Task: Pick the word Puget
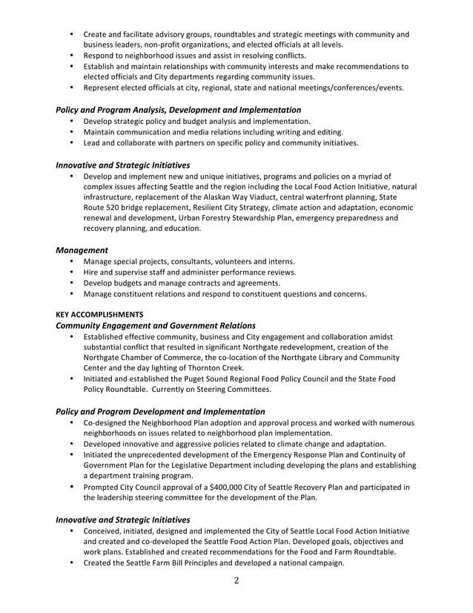click(191, 378)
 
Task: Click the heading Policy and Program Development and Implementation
click(161, 411)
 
